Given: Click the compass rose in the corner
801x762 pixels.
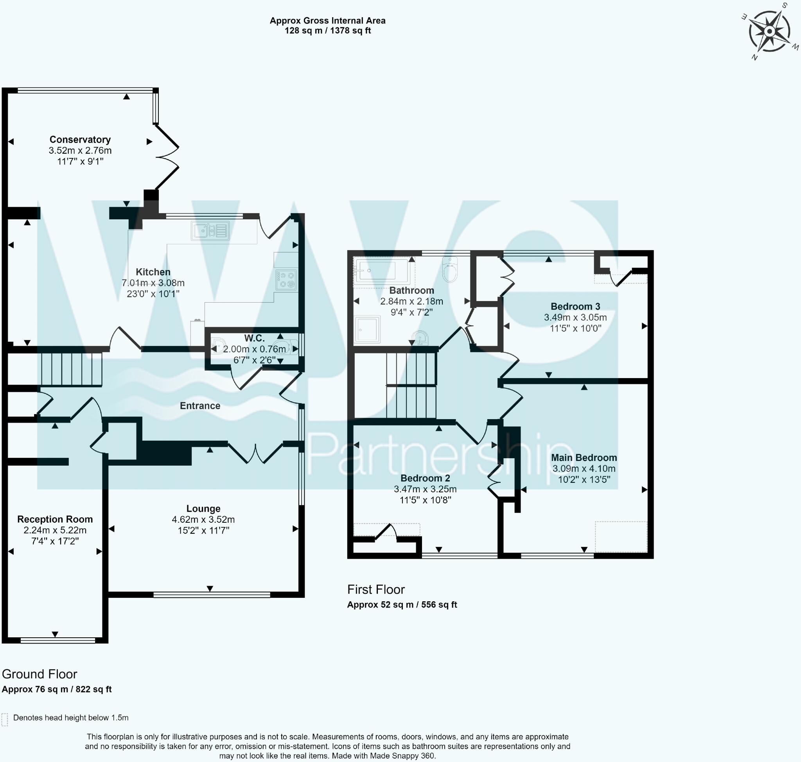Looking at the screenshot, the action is [x=769, y=31].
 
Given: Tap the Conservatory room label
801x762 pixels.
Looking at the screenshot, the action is [x=80, y=139].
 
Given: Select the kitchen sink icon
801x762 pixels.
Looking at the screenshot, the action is [x=210, y=231].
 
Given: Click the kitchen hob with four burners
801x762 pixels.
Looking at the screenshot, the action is [x=286, y=280].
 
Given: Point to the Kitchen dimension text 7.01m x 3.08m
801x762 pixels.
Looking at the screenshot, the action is [x=153, y=283].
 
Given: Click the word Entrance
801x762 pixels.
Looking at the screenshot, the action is [x=200, y=405].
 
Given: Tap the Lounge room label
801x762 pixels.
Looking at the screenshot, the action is [x=203, y=508].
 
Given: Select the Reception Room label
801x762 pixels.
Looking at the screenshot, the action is [x=55, y=519].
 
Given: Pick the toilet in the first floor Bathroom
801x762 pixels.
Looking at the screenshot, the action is [x=450, y=270].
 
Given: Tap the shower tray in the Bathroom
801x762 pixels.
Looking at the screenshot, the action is [x=367, y=330].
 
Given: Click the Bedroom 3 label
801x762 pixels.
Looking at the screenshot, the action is [x=575, y=306].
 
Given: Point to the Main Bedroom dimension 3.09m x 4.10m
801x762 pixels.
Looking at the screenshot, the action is [x=584, y=468].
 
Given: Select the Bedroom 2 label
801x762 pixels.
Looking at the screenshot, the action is [x=425, y=478].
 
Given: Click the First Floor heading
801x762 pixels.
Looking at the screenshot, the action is [x=376, y=589].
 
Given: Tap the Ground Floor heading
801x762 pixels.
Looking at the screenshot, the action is [x=40, y=674].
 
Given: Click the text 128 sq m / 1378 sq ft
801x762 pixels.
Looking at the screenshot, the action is [x=327, y=30].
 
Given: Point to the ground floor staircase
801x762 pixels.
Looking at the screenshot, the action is [x=71, y=369].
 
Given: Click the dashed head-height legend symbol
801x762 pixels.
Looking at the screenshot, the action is [x=4, y=731].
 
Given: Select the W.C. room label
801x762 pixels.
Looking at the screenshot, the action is [x=254, y=338].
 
